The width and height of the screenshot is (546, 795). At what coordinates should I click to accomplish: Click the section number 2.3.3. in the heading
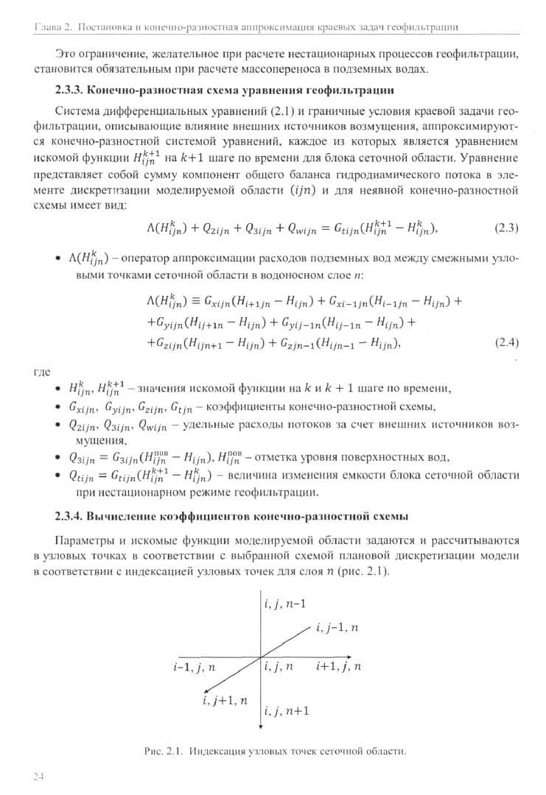(73, 91)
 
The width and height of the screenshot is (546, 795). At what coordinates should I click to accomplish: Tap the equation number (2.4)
(506, 342)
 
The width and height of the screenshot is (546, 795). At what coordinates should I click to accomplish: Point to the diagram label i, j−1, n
(337, 627)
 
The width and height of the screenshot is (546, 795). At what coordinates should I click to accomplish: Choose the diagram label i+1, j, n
(338, 667)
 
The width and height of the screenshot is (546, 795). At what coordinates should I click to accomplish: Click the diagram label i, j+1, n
(225, 700)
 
